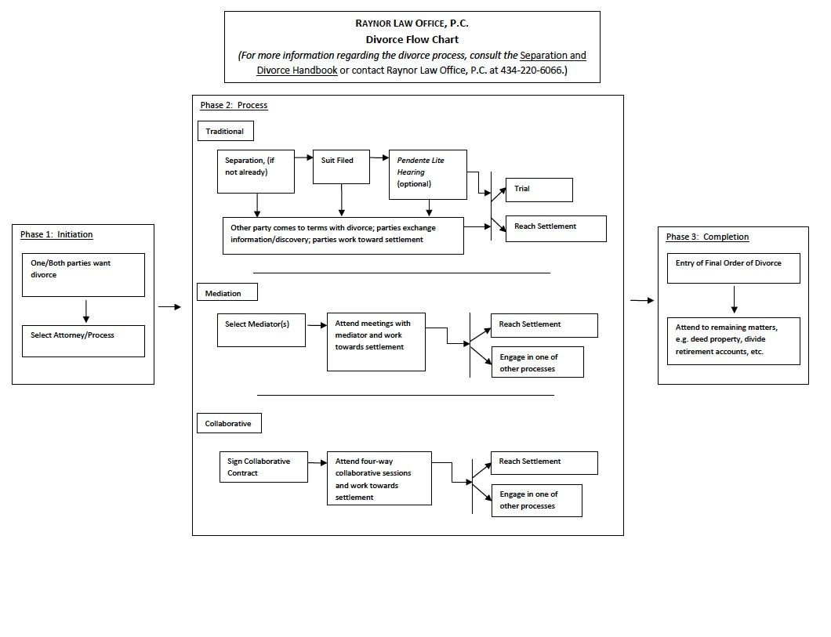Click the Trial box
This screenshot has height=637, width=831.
pos(539,190)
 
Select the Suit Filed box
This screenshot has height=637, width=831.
pos(341,167)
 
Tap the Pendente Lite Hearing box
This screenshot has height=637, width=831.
pos(427,174)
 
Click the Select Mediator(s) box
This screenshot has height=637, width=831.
pos(261,330)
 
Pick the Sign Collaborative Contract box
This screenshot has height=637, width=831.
pos(263,467)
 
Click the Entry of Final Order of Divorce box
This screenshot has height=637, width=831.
pos(733,268)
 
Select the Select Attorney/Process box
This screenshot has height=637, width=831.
pos(83,341)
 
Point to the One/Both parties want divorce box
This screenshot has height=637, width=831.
pos(83,274)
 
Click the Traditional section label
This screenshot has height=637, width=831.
pos(225,132)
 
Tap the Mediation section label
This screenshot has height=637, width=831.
pos(227,293)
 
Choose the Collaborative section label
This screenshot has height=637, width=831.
pos(228,424)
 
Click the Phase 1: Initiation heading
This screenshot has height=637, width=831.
pos(56,234)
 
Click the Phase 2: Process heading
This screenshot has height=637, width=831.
pos(234,105)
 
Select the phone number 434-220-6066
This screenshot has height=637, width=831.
pos(531,70)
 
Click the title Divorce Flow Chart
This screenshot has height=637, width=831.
pos(412,39)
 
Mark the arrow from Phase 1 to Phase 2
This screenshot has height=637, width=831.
pos(169,306)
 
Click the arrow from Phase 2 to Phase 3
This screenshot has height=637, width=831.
pos(641,300)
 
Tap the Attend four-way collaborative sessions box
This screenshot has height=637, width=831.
pos(379,478)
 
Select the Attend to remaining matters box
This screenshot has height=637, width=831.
pos(733,340)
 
